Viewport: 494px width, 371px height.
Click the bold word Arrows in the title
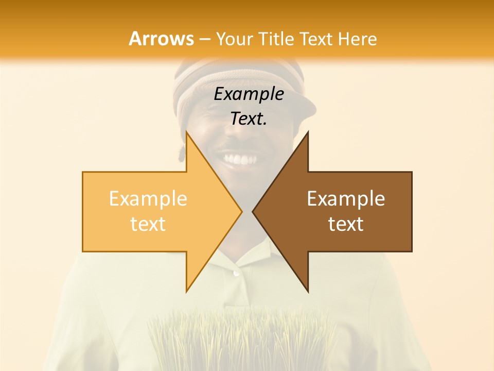[x=161, y=39]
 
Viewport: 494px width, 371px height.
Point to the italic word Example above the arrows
[x=249, y=94]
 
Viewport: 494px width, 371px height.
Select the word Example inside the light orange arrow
[x=148, y=199]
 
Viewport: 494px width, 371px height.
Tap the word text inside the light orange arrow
[x=148, y=224]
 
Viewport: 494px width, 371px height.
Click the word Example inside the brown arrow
[x=346, y=199]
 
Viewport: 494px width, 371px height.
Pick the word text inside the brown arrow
[x=346, y=224]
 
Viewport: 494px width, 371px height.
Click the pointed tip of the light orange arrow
[x=241, y=211]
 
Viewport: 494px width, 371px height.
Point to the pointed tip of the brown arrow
[x=253, y=211]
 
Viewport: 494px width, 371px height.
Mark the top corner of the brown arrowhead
[x=308, y=132]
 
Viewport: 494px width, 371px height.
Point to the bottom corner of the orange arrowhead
[x=186, y=291]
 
